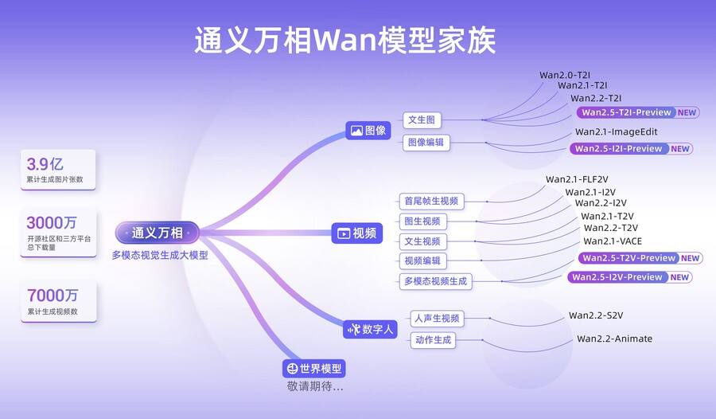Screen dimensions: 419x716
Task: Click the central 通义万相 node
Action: click(157, 233)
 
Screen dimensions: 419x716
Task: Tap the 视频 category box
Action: click(356, 233)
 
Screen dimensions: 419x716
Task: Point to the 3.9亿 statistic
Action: click(45, 165)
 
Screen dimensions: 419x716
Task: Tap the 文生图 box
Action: click(421, 120)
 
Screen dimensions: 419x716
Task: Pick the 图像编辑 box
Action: click(426, 143)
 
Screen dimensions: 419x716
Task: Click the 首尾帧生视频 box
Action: click(430, 202)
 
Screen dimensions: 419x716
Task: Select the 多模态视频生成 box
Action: click(435, 281)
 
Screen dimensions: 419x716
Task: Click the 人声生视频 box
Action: click(436, 319)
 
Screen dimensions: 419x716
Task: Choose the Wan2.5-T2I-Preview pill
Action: click(626, 112)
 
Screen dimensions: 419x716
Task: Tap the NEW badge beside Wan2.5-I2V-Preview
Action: click(680, 277)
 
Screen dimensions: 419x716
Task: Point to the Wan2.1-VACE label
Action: click(613, 241)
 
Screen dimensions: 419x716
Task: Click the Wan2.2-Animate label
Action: click(614, 339)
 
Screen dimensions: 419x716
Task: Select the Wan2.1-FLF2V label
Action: click(576, 179)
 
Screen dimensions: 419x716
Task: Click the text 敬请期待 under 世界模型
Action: click(315, 386)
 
